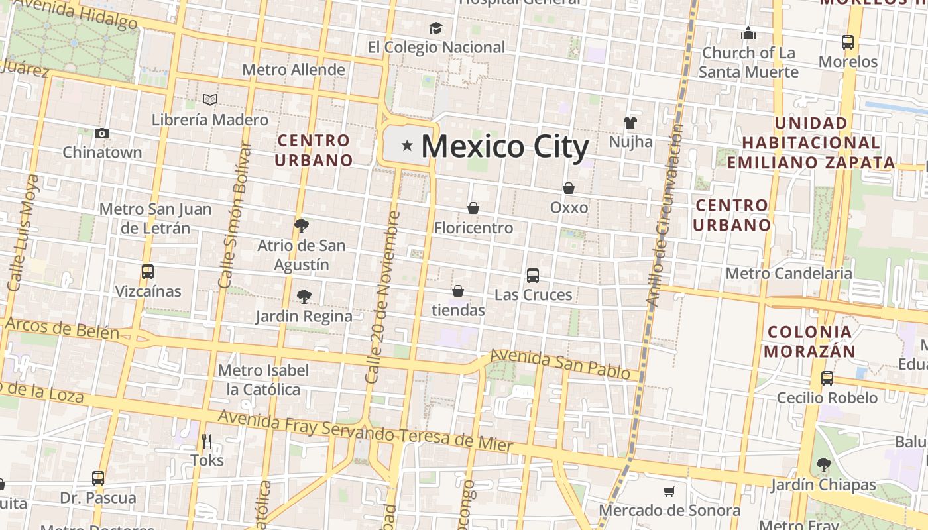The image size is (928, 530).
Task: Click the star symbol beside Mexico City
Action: click(x=407, y=145)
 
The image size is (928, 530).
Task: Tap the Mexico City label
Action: click(x=504, y=146)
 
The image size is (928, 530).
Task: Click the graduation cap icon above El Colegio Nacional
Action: click(x=435, y=28)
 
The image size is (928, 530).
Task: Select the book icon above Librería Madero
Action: click(x=210, y=100)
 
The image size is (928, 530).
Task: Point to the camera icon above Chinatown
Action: click(x=102, y=133)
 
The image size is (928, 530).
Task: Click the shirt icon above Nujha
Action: click(x=630, y=123)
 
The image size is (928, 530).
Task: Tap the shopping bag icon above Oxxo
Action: click(x=568, y=188)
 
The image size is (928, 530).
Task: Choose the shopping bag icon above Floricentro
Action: click(x=473, y=208)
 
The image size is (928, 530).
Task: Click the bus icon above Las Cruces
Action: click(x=532, y=276)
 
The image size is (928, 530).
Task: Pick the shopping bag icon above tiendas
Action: click(x=457, y=291)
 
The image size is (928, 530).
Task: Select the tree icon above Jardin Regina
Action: click(x=304, y=296)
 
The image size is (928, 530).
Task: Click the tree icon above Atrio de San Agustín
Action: click(x=302, y=225)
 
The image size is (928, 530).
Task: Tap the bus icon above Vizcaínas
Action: click(x=147, y=272)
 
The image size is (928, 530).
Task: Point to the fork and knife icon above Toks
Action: click(x=207, y=441)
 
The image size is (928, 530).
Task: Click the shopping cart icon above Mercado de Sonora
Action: click(x=669, y=492)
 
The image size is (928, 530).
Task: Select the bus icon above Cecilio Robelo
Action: click(x=827, y=378)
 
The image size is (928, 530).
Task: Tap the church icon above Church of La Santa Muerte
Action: click(x=748, y=33)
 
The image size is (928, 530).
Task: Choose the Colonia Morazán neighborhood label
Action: click(x=809, y=341)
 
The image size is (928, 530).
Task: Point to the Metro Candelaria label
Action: click(x=789, y=273)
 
